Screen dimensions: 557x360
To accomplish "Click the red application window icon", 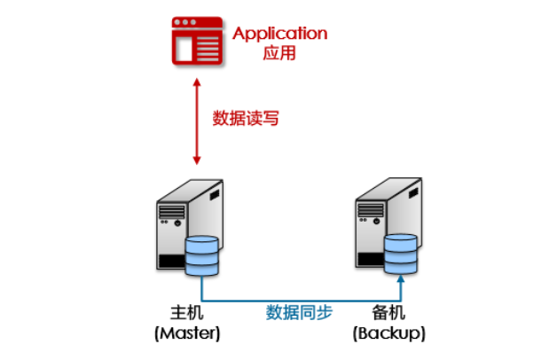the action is pos(197,41).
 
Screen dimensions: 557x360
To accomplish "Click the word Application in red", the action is pos(280,34).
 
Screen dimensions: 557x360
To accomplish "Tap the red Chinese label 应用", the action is pos(279,53).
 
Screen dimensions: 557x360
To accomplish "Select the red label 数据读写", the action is pos(246,118).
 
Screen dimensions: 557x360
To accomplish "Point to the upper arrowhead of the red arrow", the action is pos(197,82).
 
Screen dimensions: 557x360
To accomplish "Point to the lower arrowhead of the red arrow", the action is pos(197,160).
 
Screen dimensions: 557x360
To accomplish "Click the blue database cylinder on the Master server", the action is pos(201,255).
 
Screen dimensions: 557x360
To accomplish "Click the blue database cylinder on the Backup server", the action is pos(401,254).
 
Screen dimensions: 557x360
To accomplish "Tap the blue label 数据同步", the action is pos(299,313).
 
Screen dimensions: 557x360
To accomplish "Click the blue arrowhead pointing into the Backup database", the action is pos(401,278).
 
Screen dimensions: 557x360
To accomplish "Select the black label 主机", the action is pos(187,313).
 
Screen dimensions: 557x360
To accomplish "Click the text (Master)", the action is pos(187,333).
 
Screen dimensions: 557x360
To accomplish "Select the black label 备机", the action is pos(388,313).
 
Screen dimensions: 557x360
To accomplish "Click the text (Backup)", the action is pos(389,333).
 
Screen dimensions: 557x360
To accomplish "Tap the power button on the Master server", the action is pos(177,223).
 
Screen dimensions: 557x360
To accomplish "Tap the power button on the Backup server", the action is pos(377,221).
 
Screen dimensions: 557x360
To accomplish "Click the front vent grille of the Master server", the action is pos(172,212).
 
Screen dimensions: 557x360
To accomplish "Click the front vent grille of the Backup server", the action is pos(371,210).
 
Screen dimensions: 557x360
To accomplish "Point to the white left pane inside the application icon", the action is pos(184,50).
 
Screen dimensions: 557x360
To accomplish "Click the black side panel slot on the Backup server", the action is pos(413,192).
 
